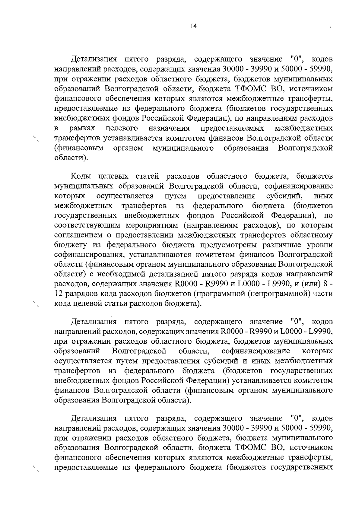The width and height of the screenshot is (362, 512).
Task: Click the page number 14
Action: tap(193, 26)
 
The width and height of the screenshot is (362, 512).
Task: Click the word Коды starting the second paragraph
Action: tap(81, 176)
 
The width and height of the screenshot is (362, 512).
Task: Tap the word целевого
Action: tap(122, 129)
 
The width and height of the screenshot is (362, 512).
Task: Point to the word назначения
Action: tap(169, 129)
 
